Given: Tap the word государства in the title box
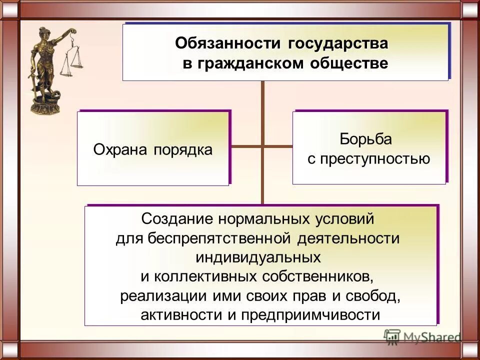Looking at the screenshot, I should pyautogui.click(x=337, y=43).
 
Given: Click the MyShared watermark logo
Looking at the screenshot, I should pyautogui.click(x=422, y=337).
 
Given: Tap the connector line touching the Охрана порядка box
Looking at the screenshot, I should pyautogui.click(x=245, y=146).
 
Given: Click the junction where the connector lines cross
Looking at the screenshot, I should pyautogui.click(x=262, y=146).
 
